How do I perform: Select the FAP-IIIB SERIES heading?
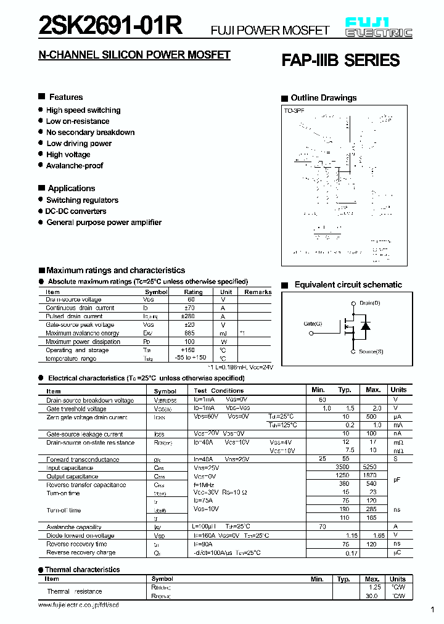(340, 60)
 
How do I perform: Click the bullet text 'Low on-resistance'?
(78, 121)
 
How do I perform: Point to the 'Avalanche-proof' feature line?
(75, 166)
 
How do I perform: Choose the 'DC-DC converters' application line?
(76, 211)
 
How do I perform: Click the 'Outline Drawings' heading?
(323, 98)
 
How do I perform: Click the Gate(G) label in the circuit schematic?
(313, 324)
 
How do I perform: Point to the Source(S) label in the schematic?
(371, 351)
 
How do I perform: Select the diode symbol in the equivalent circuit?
(365, 326)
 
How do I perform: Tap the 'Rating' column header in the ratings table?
(193, 292)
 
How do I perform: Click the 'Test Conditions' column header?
(218, 391)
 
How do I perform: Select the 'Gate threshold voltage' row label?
(76, 409)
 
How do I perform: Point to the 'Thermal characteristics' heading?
(83, 570)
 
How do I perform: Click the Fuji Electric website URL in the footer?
(78, 606)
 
